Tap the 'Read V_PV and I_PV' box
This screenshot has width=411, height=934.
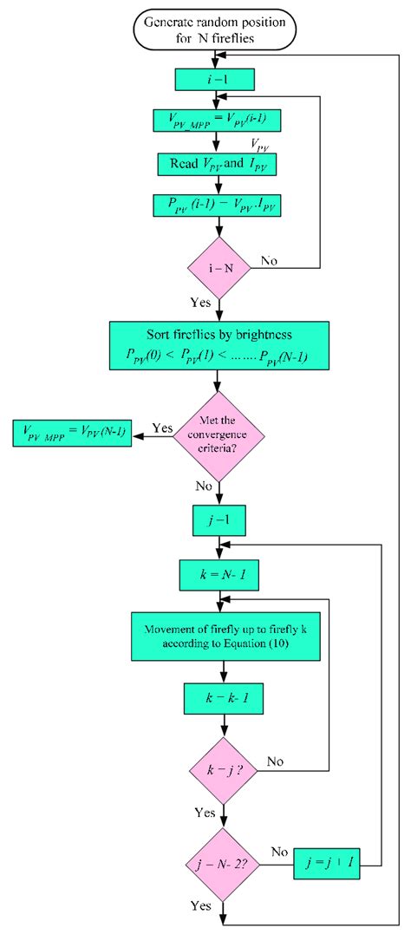219,163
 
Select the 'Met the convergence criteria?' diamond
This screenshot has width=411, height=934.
220,435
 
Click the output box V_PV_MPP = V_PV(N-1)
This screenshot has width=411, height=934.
72,434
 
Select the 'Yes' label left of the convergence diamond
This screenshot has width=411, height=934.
162,428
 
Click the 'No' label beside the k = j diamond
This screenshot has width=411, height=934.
276,761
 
